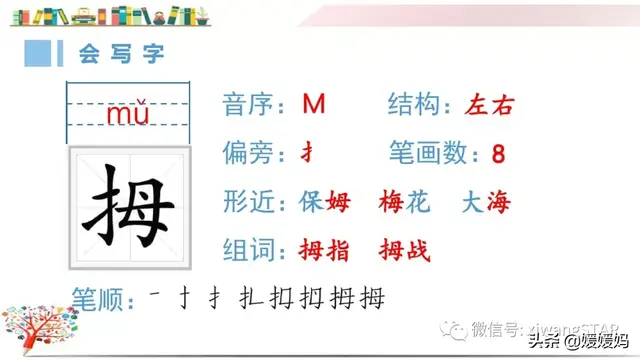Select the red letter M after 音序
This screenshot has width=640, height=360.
[x=314, y=105]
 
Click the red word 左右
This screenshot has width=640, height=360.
[x=489, y=105]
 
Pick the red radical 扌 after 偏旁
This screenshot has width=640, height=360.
[x=309, y=153]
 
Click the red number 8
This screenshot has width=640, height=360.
[x=499, y=154]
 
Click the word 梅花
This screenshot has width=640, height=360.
[x=405, y=202]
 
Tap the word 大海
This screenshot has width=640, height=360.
[x=485, y=202]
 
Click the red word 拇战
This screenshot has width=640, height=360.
[x=405, y=250]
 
